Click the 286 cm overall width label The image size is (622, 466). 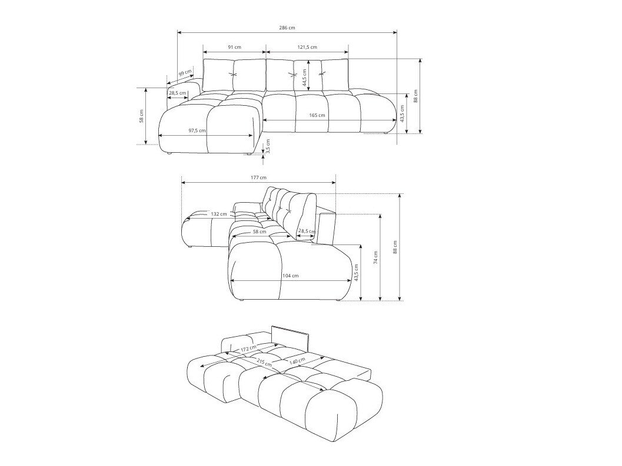tap(287, 28)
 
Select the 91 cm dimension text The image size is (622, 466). tap(234, 47)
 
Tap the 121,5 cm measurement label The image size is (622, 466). tap(307, 47)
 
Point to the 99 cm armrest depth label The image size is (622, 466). tap(185, 74)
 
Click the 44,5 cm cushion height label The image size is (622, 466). tap(305, 76)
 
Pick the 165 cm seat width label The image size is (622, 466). tap(317, 116)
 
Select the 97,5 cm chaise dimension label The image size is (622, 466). tap(197, 130)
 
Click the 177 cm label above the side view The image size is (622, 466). tap(258, 177)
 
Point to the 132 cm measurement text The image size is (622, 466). tap(219, 214)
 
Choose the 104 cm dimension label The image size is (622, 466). tap(290, 276)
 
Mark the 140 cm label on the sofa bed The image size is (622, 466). tap(298, 360)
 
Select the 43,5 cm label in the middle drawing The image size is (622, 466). tap(356, 276)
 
